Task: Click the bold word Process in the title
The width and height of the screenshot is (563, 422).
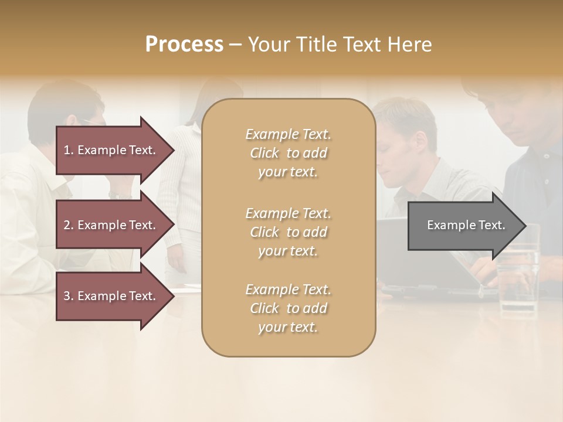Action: (x=184, y=45)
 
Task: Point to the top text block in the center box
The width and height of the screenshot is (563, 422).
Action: (x=288, y=153)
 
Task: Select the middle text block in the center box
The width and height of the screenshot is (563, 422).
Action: (x=288, y=232)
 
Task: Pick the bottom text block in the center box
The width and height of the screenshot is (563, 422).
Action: (x=288, y=308)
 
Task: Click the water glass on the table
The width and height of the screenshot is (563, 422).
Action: (x=518, y=275)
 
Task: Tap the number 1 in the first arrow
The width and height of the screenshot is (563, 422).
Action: (x=66, y=150)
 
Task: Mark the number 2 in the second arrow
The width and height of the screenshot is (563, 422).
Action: (x=67, y=225)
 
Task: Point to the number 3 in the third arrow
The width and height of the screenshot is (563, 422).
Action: (x=67, y=296)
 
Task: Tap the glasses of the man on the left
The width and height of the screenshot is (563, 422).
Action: (x=91, y=122)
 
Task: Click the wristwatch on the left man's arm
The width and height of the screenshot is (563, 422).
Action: (x=120, y=195)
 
